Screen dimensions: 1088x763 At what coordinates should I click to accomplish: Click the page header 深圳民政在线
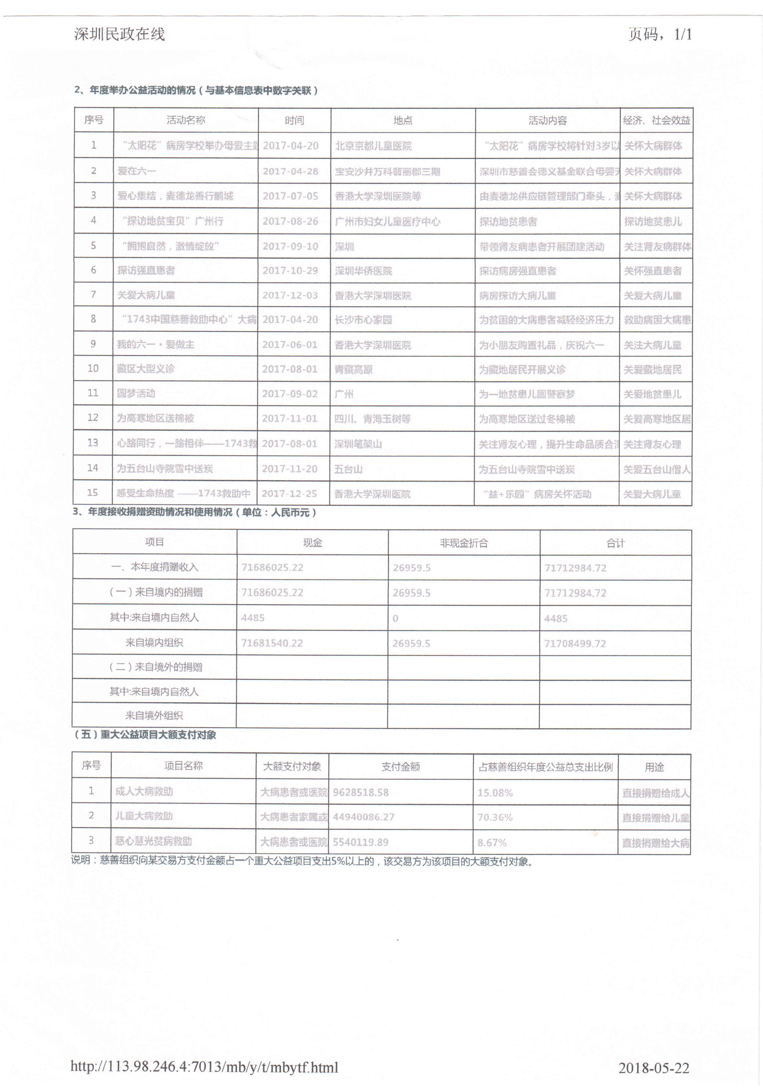pos(120,34)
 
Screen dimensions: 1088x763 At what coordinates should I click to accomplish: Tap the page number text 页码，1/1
pos(660,34)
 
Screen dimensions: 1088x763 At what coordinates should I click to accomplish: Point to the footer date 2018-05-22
pos(654,1068)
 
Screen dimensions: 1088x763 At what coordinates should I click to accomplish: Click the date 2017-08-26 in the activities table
pos(290,221)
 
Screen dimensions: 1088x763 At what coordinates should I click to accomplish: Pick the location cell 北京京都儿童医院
pos(373,146)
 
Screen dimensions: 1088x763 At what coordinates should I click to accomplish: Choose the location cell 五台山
pos(348,469)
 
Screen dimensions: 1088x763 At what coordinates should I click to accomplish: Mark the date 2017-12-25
pos(289,494)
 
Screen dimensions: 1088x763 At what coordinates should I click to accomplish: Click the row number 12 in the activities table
pos(93,417)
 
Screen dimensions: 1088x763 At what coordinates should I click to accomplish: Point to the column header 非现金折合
pos(463,543)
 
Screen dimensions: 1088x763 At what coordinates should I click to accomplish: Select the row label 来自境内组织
pos(154,643)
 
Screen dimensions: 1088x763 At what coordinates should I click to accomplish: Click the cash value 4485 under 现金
pos(253,618)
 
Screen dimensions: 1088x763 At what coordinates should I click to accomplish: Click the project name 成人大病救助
pos(144,791)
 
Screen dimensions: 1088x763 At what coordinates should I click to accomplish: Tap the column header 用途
pos(654,767)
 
